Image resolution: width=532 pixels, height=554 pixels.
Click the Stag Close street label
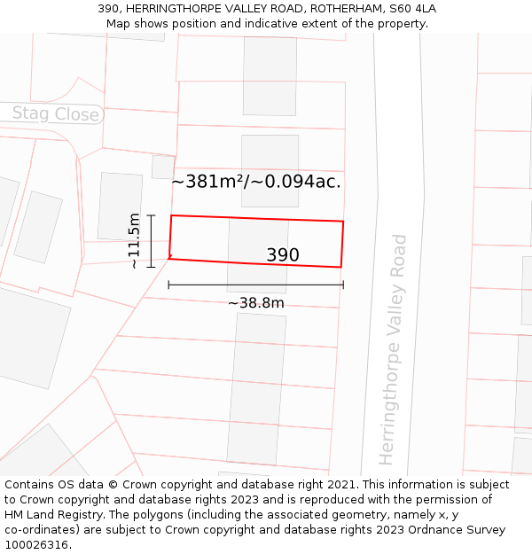coord(55,114)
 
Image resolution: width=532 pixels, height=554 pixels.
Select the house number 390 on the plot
coord(283,255)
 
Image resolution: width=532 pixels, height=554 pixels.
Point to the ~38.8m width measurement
coord(256,303)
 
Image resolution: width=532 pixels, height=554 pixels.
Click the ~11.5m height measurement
coord(134,240)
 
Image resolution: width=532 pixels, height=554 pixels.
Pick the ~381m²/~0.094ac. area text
coord(256,182)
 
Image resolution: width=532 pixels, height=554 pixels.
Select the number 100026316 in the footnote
coord(37,545)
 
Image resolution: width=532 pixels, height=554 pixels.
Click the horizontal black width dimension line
coord(255,285)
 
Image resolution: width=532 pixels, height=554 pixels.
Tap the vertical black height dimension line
coord(152,240)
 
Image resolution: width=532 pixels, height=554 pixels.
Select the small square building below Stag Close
coord(163,167)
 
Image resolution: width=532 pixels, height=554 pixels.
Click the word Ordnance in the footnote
coord(442,530)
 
